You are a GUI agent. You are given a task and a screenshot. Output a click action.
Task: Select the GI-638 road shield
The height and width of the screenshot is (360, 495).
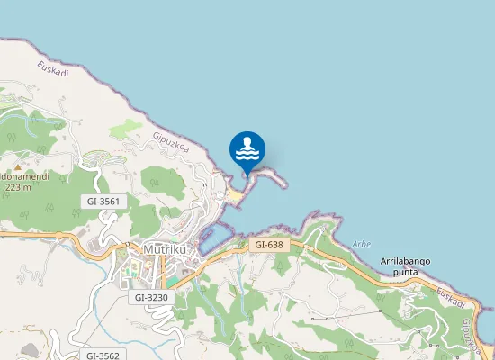coord(269,244)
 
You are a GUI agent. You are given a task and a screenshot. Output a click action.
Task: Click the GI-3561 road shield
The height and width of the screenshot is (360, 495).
coord(104,201)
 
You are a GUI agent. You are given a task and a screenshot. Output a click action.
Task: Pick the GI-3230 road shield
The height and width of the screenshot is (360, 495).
coord(151,296)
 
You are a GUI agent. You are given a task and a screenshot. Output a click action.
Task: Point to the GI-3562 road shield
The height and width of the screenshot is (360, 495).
coord(103,355)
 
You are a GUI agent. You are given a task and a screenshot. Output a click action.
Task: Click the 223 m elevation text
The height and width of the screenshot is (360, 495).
coord(18,187)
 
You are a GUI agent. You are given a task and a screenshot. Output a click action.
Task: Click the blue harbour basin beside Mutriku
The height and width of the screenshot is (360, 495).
coord(216,238)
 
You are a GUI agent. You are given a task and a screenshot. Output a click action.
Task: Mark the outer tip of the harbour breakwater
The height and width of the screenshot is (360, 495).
coord(286,186)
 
